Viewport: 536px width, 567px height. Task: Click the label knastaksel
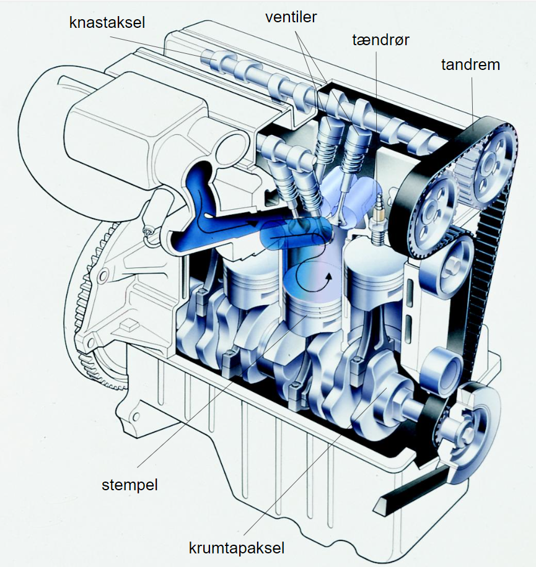pos(107,23)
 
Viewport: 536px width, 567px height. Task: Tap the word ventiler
pos(291,17)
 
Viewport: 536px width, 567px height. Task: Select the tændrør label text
pos(380,40)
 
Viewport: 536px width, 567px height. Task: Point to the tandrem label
pos(470,65)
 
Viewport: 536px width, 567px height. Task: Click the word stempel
pos(130,485)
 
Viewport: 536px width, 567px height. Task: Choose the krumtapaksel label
pos(237,548)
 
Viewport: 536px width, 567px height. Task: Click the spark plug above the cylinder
pos(378,220)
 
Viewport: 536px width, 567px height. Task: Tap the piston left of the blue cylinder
pos(250,275)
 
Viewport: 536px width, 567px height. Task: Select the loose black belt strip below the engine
pos(413,489)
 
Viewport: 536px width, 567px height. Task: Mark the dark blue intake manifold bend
pos(203,214)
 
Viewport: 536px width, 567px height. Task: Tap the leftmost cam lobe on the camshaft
pos(211,56)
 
